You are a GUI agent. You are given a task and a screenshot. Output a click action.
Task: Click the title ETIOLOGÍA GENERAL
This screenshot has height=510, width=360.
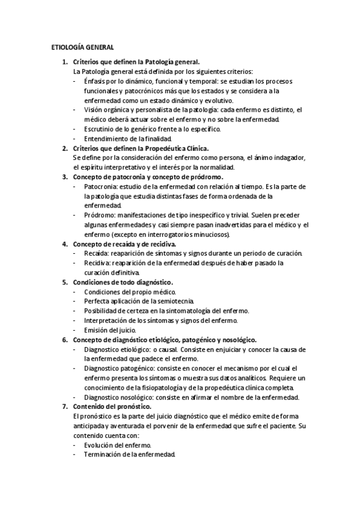pyautogui.click(x=81, y=47)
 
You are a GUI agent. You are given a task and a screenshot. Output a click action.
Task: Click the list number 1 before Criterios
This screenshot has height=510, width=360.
pyautogui.click(x=65, y=62)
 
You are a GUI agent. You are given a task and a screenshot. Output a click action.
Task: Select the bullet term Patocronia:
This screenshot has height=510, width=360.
pyautogui.click(x=102, y=186)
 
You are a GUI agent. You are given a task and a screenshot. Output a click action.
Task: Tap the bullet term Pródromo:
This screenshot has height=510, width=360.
pyautogui.click(x=101, y=215)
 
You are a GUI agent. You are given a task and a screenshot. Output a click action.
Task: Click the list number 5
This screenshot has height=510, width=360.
pyautogui.click(x=65, y=282)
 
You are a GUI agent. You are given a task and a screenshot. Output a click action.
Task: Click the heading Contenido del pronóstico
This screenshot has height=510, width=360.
pyautogui.click(x=111, y=407)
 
